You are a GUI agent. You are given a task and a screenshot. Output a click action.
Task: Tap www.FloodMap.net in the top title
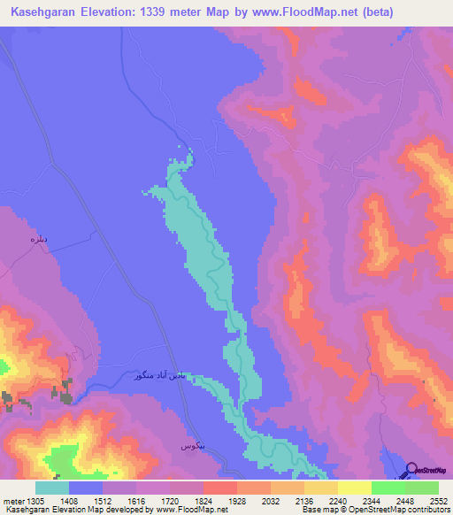pyautogui.click(x=292, y=12)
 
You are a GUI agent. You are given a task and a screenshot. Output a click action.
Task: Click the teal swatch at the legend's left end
pyautogui.click(x=52, y=488)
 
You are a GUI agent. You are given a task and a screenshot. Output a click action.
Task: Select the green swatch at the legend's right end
pyautogui.click(x=421, y=488)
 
